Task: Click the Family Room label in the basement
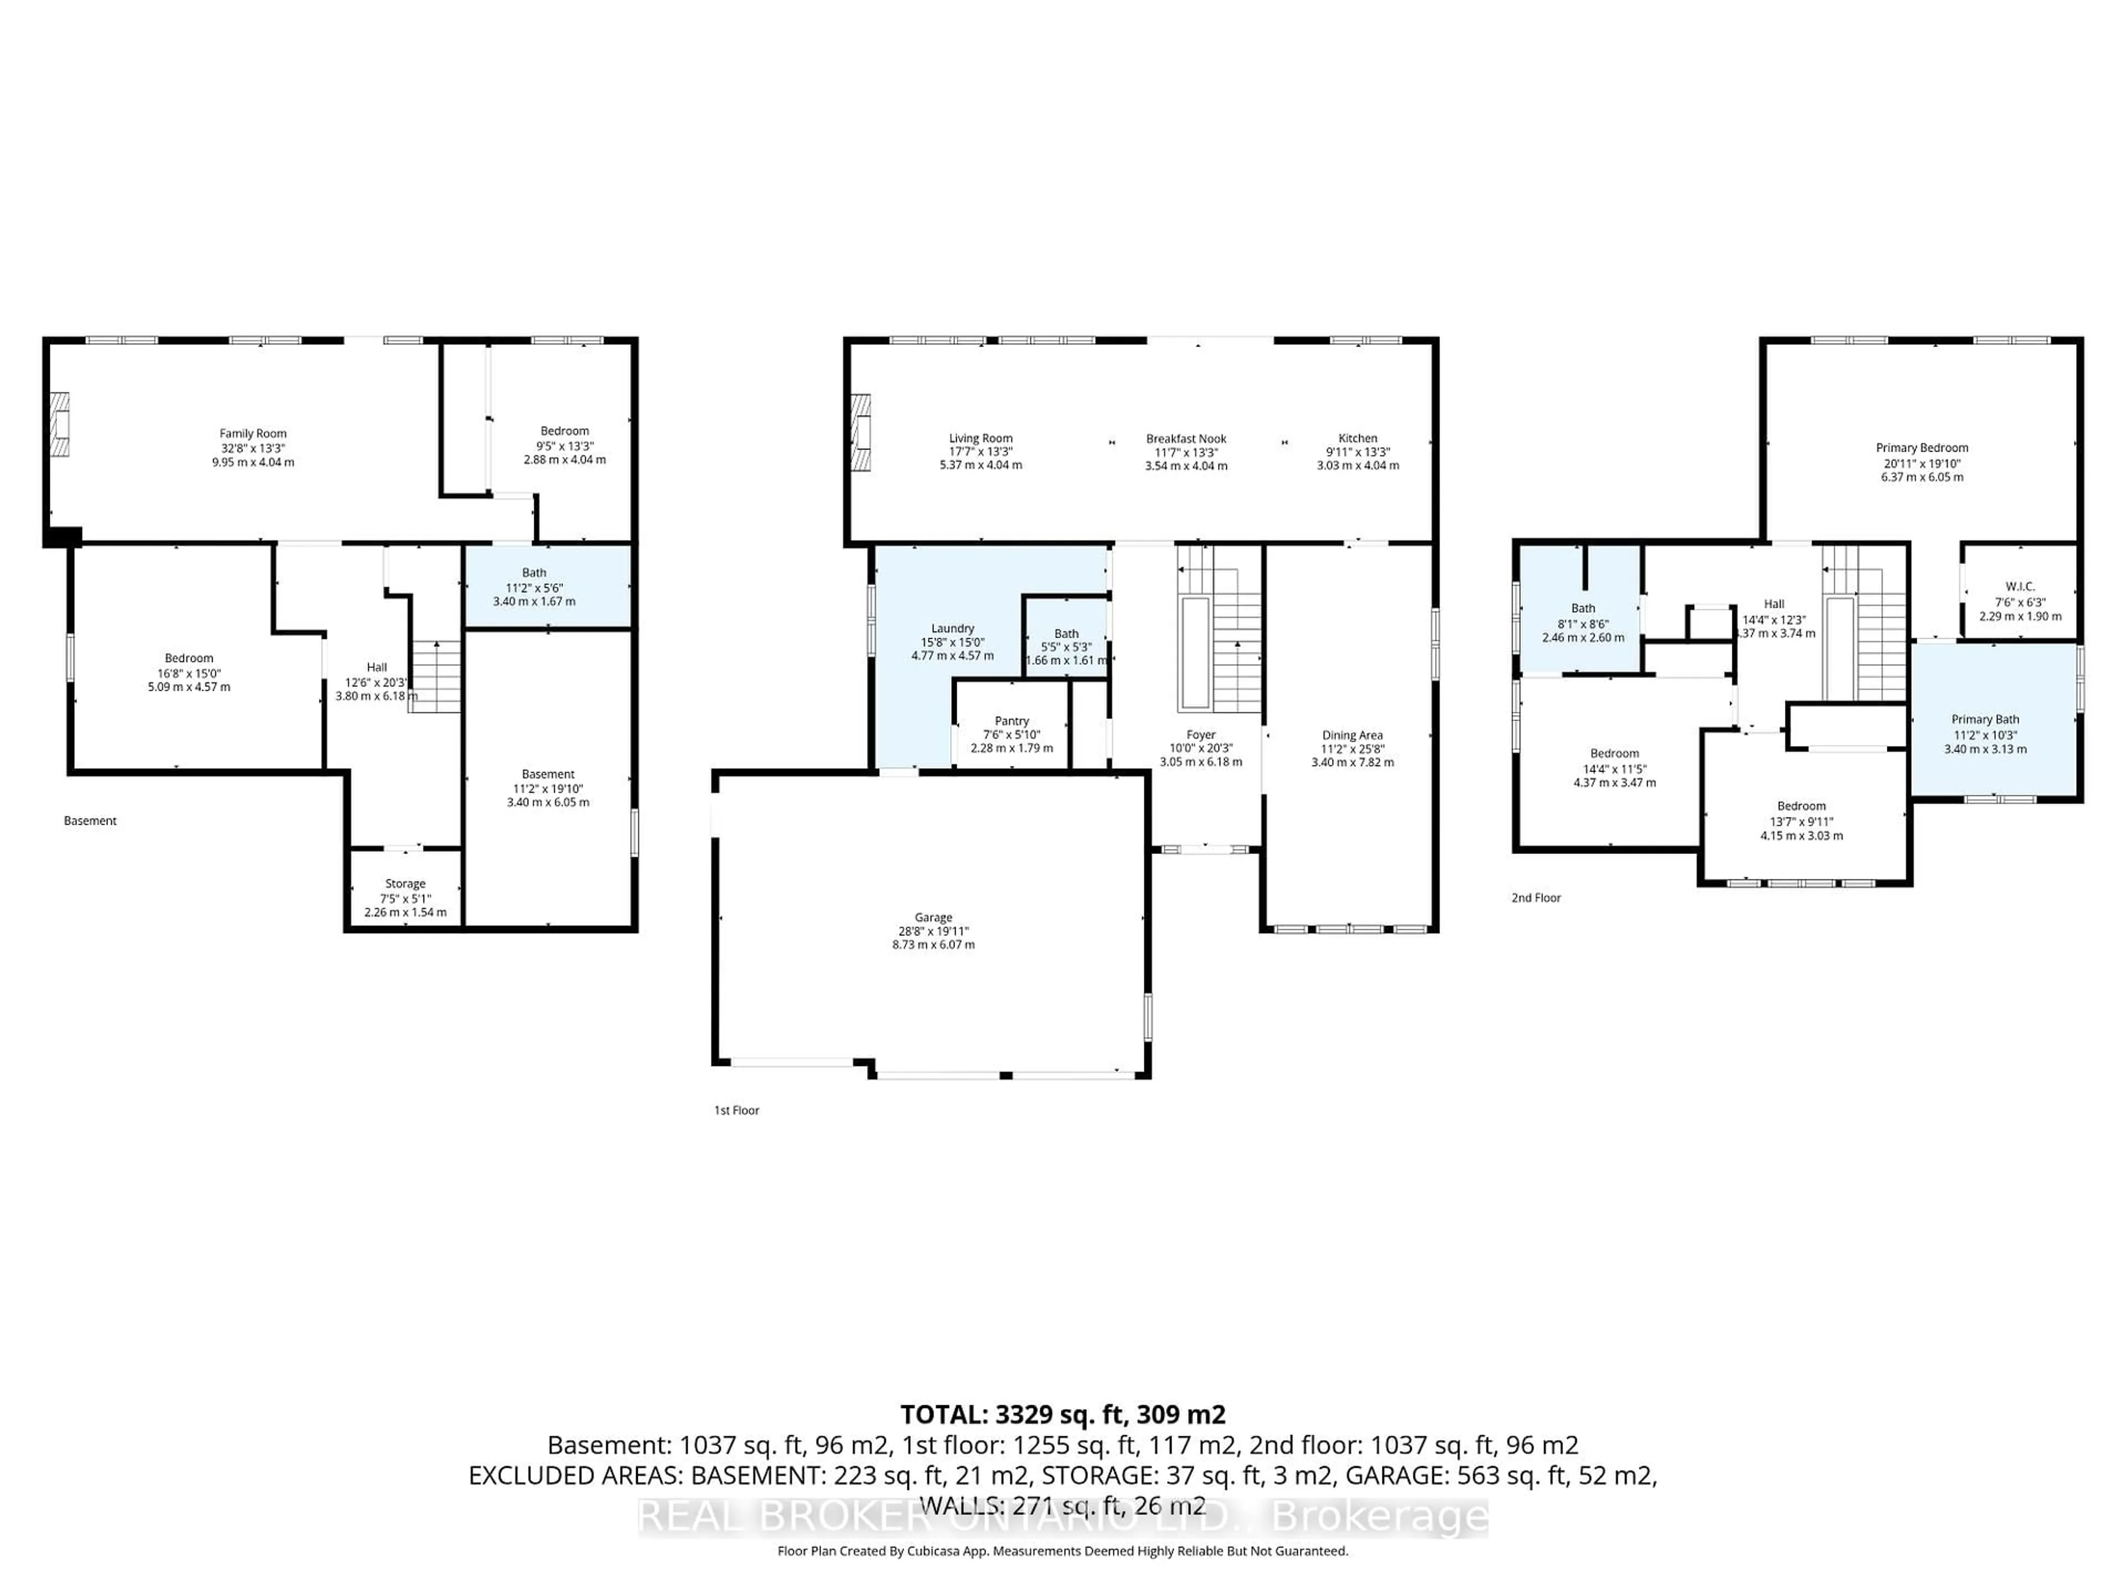(x=253, y=433)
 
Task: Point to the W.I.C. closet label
(x=2019, y=586)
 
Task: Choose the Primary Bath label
(x=1985, y=720)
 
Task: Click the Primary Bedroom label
(x=1921, y=448)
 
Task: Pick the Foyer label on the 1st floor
(x=1200, y=735)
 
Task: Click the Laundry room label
(x=952, y=628)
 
